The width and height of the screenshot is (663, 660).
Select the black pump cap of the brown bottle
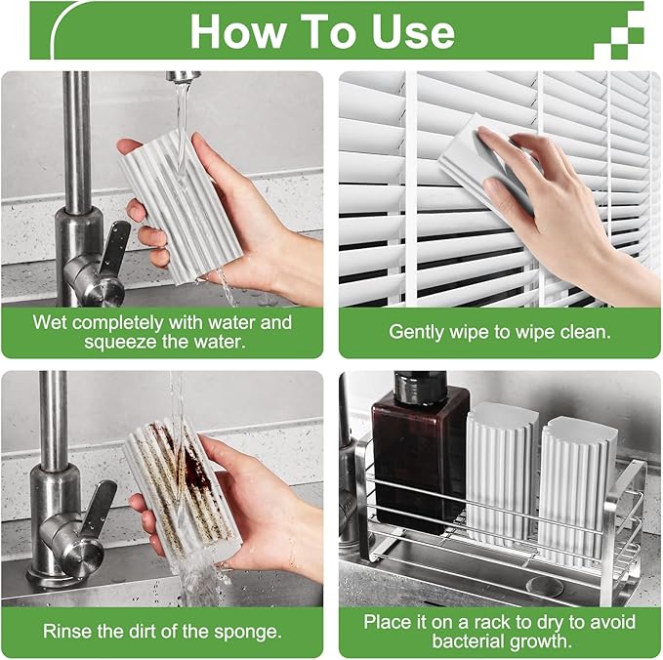419,386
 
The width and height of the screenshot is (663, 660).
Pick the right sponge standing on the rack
577,478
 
